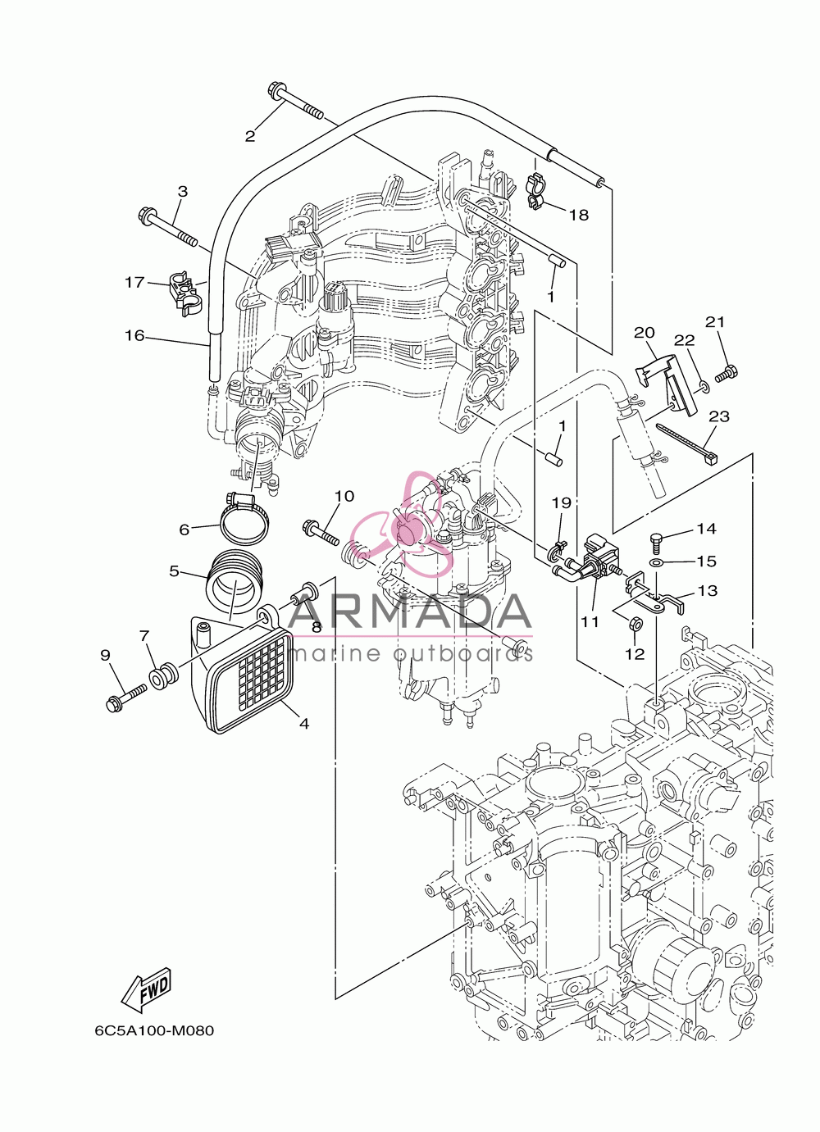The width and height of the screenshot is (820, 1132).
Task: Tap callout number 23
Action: [x=719, y=416]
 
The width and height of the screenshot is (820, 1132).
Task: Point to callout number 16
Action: [x=134, y=335]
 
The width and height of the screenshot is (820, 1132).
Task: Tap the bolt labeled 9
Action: [x=126, y=696]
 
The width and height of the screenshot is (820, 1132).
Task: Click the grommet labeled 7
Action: [x=163, y=678]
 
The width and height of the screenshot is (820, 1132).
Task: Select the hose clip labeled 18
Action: [x=536, y=191]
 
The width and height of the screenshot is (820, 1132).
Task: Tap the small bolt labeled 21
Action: [x=727, y=374]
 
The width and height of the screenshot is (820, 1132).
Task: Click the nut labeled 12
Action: [x=635, y=623]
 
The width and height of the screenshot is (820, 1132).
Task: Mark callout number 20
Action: [x=644, y=333]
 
